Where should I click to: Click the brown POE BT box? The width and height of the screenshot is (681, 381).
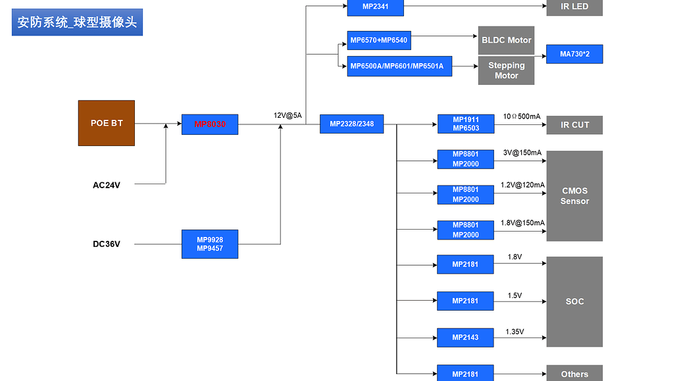(107, 123)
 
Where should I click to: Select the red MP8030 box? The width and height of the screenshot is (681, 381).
(210, 124)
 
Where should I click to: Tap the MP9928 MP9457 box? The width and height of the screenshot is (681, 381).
(210, 244)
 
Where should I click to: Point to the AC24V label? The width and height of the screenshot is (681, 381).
(107, 185)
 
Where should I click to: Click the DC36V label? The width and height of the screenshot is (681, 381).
(107, 244)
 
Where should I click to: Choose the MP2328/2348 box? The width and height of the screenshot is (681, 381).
(351, 124)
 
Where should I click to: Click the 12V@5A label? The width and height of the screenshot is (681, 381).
(288, 116)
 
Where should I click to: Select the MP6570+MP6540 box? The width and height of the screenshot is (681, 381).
(378, 40)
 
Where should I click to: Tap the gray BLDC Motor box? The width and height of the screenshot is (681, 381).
(506, 40)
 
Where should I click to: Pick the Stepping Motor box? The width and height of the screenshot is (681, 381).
(506, 70)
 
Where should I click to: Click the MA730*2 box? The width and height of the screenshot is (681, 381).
(574, 54)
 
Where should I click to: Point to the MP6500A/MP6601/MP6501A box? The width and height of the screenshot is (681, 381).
(399, 66)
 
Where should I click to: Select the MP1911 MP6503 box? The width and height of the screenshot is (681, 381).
(465, 124)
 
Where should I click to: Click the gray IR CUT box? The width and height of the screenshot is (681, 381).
(574, 125)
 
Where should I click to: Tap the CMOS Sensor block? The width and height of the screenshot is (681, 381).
(574, 196)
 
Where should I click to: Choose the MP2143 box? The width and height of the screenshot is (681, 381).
(465, 338)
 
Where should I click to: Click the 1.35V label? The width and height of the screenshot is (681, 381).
(515, 332)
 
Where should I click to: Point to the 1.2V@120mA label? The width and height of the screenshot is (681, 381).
(522, 186)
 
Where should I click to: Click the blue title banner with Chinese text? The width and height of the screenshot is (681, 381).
(77, 22)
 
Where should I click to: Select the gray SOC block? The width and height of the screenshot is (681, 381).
(574, 301)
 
